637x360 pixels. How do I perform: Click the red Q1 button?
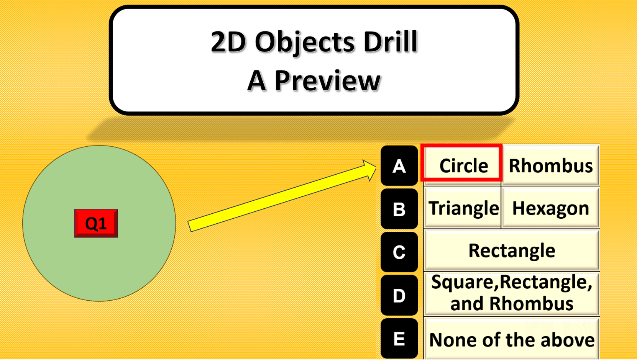[96, 223]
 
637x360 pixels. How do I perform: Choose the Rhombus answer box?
[551, 165]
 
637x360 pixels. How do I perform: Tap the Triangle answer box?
[462, 208]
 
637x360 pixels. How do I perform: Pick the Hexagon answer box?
[551, 208]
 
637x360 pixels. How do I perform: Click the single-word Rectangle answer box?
[512, 250]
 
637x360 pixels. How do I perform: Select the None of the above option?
[512, 339]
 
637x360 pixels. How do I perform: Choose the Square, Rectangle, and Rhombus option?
[512, 293]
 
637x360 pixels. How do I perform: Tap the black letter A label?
[399, 166]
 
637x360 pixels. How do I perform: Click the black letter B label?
[399, 209]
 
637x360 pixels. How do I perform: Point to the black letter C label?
[399, 252]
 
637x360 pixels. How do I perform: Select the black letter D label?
[399, 295]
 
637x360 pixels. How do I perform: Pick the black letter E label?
[399, 339]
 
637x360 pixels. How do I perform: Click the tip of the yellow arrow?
[376, 167]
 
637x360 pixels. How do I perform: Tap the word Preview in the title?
[327, 81]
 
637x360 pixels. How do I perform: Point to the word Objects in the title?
[304, 43]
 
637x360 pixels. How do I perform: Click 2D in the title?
[228, 42]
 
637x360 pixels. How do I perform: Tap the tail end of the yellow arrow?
[189, 226]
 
